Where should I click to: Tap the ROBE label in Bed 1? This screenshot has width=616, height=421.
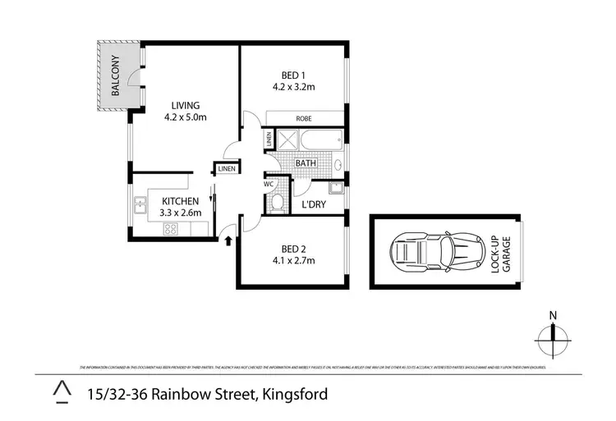coord(304,118)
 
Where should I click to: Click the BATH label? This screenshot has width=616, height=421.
coord(306,163)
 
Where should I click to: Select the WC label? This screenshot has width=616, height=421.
coord(269,184)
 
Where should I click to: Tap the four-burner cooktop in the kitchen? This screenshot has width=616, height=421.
coord(171,229)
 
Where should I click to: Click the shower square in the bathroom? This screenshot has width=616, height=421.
coord(286,139)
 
